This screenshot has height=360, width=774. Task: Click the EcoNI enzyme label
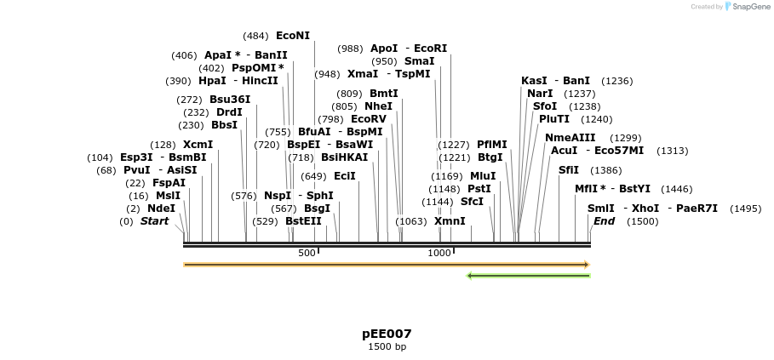click(293, 36)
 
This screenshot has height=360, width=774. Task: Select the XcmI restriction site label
click(198, 145)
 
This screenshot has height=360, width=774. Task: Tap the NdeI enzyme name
click(161, 209)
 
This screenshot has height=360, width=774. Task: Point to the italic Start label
click(154, 221)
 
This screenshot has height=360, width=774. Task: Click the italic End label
click(604, 221)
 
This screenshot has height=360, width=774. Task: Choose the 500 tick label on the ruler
click(307, 253)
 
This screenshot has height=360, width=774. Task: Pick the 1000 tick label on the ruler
click(439, 253)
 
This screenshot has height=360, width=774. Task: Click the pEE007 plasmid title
click(387, 334)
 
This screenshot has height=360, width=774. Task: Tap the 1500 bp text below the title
click(387, 347)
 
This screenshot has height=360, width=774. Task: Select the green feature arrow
click(528, 276)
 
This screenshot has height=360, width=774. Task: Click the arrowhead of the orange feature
click(586, 265)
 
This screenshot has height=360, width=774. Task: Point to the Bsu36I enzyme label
click(230, 100)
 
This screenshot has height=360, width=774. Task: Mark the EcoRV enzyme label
click(368, 119)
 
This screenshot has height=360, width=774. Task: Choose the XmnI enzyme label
click(450, 221)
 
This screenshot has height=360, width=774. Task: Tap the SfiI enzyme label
click(568, 170)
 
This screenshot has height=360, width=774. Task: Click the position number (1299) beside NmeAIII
click(626, 138)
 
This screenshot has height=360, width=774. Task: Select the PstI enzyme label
click(479, 189)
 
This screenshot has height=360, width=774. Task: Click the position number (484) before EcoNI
click(255, 36)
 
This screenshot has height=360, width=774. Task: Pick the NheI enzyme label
click(378, 106)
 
